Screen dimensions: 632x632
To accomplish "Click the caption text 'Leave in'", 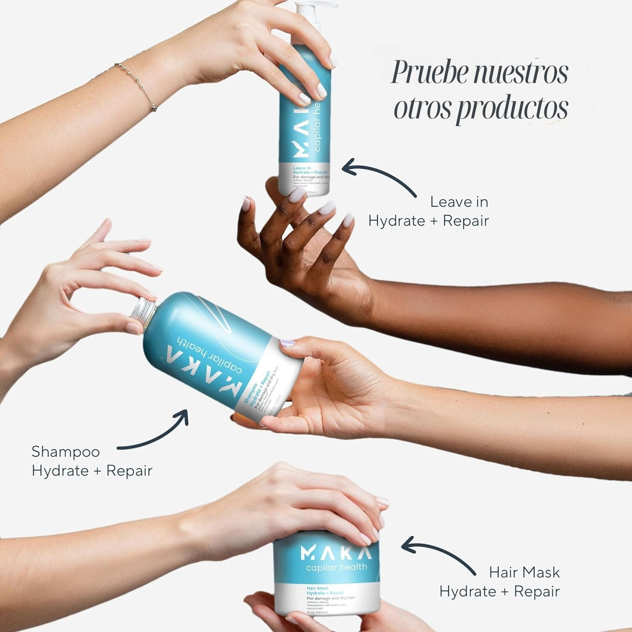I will coord(459,202).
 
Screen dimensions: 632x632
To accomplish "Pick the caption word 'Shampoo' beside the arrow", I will coord(66,452).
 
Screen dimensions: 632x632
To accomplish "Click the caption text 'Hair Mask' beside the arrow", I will coord(524,572).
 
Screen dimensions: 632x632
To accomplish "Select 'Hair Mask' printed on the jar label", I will coord(318,588).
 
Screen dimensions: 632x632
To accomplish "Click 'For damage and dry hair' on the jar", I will coord(331,598).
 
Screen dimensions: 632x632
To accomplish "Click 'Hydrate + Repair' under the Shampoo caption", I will coord(92,471).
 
